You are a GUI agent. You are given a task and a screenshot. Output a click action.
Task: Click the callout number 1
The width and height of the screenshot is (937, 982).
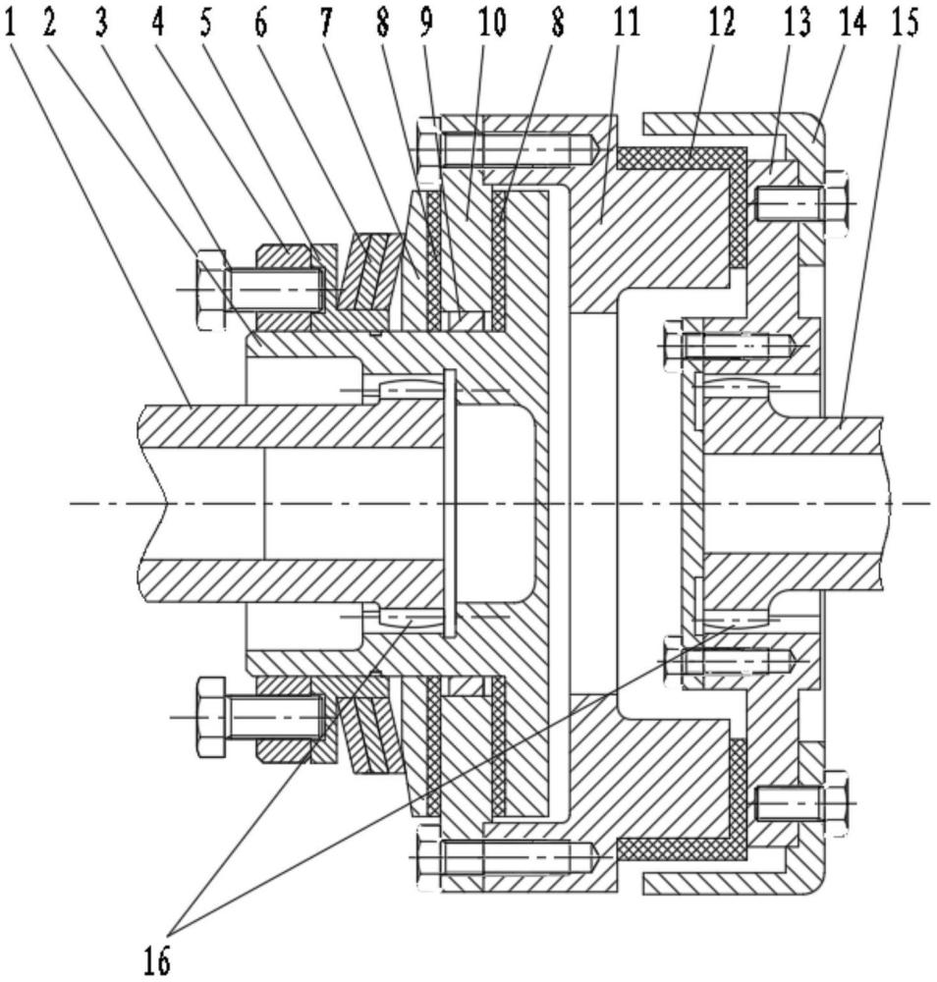coord(12,22)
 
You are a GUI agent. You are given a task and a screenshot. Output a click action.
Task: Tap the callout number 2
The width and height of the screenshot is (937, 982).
coord(50,22)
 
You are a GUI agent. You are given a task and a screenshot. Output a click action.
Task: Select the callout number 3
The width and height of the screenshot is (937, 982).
coord(101,22)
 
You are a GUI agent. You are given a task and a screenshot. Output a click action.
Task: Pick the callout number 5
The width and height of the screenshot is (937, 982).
coord(206,22)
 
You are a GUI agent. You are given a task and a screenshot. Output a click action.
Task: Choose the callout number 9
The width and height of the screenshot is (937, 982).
coord(426,22)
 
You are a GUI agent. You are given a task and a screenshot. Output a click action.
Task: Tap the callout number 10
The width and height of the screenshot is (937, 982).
coord(491,22)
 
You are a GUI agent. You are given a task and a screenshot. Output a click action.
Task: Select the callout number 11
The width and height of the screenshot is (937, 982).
coord(626,22)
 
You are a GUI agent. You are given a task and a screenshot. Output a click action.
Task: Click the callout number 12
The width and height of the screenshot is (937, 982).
coord(722,22)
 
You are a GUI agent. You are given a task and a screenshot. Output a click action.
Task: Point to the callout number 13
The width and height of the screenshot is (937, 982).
coord(799,22)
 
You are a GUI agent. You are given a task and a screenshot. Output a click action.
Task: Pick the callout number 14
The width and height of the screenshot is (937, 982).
coord(852,22)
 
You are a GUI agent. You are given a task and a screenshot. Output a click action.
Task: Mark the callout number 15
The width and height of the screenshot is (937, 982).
coord(905,22)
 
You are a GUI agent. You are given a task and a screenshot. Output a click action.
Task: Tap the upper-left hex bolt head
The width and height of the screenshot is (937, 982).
coord(211,289)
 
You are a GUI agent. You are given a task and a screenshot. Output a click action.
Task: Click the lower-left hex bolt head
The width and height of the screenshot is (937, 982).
coord(212,716)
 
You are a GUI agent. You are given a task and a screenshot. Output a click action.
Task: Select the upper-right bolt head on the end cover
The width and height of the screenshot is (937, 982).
coord(836,203)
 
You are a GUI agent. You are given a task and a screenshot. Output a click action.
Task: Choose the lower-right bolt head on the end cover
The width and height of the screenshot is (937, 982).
coord(835,802)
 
